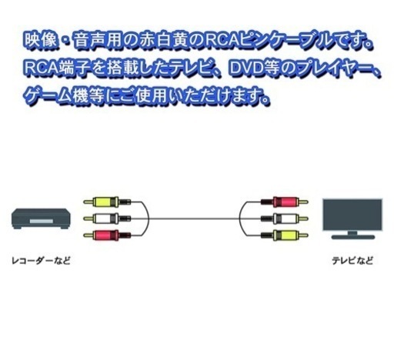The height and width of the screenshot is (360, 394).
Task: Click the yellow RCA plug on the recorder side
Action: pyautogui.click(x=107, y=202)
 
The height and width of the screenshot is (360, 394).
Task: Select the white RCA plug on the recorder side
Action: pyautogui.click(x=107, y=218)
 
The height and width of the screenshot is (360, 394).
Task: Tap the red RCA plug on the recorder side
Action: pyautogui.click(x=107, y=235)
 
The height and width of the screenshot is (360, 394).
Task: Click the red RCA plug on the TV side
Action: pyautogui.click(x=285, y=202)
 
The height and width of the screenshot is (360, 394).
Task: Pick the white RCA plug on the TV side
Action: pyautogui.click(x=285, y=218)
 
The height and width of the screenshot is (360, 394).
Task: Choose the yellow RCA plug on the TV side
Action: pyautogui.click(x=285, y=235)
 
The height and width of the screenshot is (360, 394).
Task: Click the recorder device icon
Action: pyautogui.click(x=41, y=218)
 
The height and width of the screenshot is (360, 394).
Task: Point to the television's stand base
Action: pyautogui.click(x=352, y=237)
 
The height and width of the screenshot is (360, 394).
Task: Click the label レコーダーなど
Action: pyautogui.click(x=41, y=261)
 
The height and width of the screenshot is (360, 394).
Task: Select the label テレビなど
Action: pyautogui.click(x=352, y=261)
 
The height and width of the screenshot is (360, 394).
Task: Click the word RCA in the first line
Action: pyautogui.click(x=222, y=41)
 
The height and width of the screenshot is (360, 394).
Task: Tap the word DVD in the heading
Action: pyautogui.click(x=246, y=68)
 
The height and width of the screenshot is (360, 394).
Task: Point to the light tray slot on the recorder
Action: pyautogui.click(x=41, y=222)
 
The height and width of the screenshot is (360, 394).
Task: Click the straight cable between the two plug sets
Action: pyautogui.click(x=194, y=218)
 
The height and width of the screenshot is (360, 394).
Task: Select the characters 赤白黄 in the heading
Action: pyautogui.click(x=163, y=41)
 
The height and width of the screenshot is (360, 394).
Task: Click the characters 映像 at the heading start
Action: pyautogui.click(x=41, y=41)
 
